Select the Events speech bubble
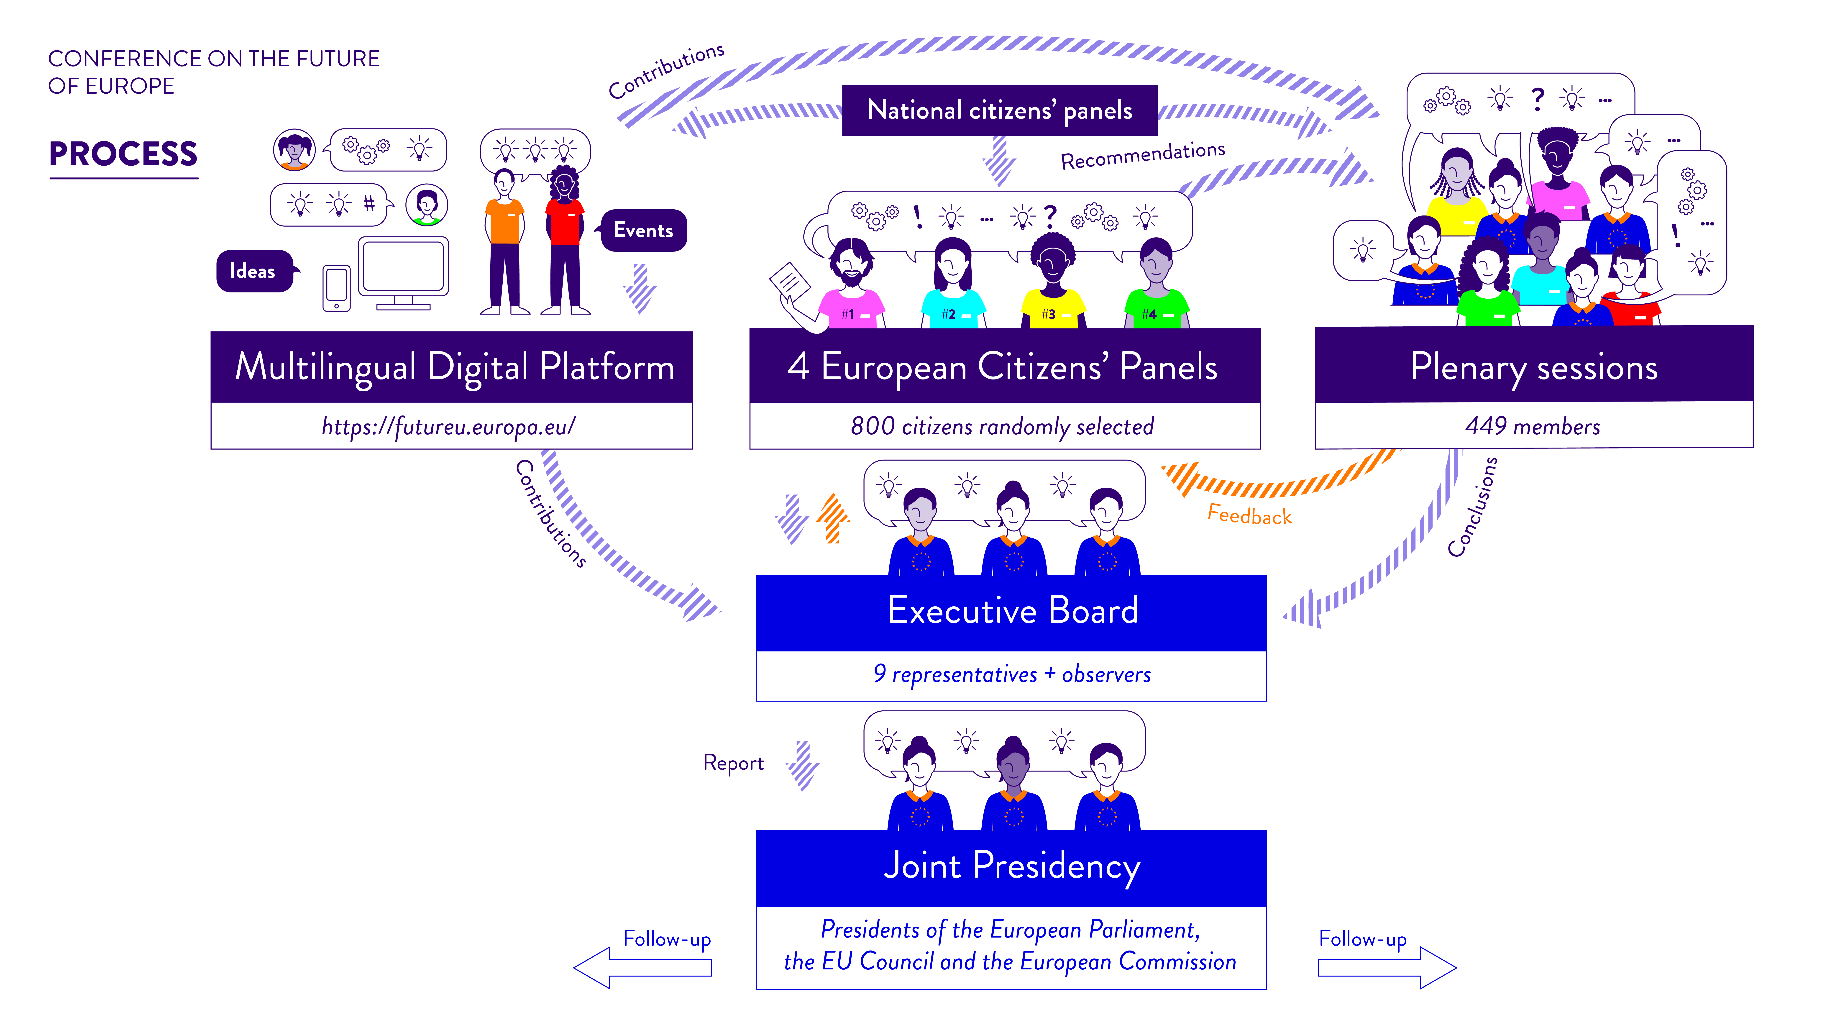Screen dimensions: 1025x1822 pos(643,231)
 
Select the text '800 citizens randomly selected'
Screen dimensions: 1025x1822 pos(1002,427)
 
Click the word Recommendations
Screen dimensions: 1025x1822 pos(1142,156)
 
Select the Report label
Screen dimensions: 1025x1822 pos(733,763)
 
